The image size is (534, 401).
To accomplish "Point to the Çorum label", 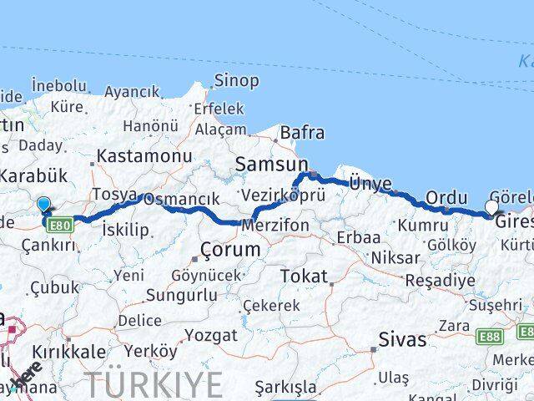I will [x=229, y=250].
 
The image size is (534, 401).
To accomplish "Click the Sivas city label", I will [x=402, y=340].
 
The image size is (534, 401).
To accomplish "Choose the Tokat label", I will [x=304, y=276].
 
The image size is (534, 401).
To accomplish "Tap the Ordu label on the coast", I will [x=446, y=198].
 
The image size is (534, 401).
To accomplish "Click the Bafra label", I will [x=302, y=133].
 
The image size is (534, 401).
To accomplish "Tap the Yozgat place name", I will [x=212, y=335].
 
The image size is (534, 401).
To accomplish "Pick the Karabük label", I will [x=33, y=176].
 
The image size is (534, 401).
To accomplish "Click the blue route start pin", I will [x=44, y=204].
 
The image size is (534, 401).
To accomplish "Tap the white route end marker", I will [x=491, y=207].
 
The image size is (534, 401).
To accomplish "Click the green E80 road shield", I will [x=60, y=226].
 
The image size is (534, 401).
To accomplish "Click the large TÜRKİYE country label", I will [x=155, y=386].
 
